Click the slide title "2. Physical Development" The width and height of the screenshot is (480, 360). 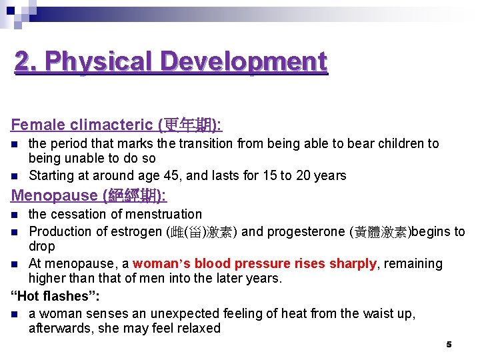(x=171, y=61)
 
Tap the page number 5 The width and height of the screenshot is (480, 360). (x=449, y=345)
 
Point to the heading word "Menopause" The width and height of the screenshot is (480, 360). (x=55, y=195)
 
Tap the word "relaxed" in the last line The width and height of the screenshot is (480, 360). (x=197, y=328)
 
